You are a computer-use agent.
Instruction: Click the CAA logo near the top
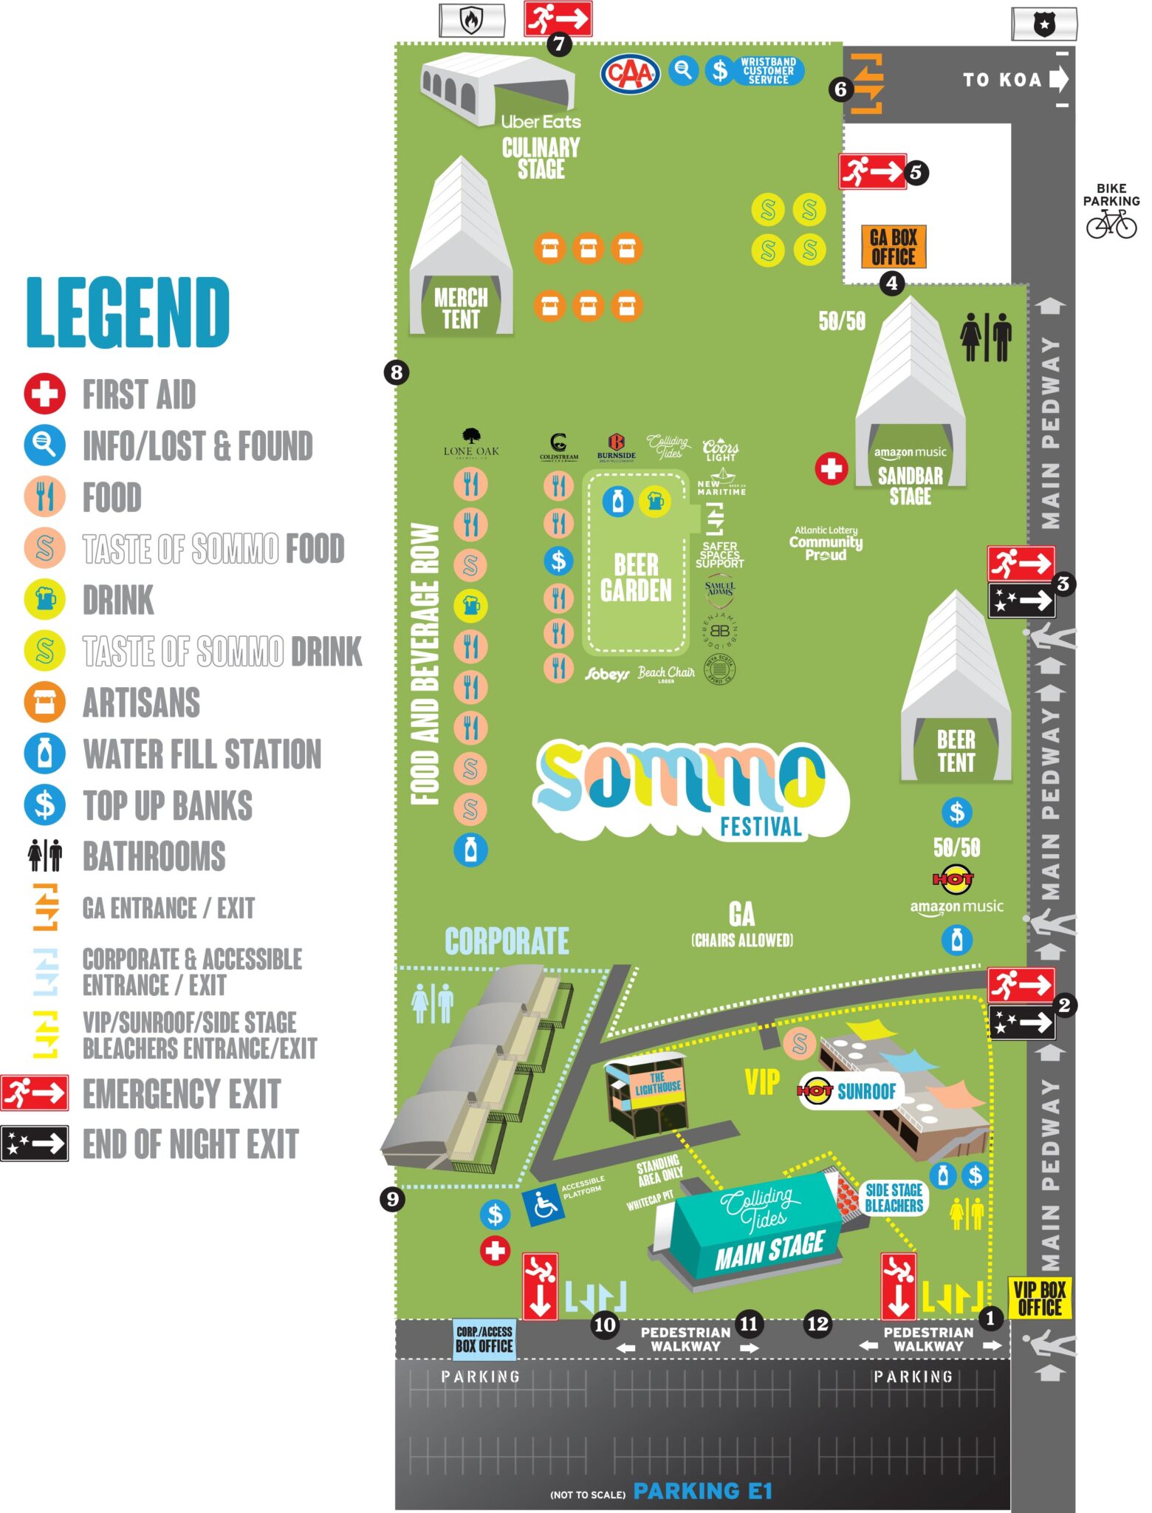pos(630,73)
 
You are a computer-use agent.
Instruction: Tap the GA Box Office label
pos(893,247)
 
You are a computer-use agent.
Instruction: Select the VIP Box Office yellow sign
pos(1039,1299)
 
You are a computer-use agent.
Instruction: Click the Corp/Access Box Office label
pos(484,1339)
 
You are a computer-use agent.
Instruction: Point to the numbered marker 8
pos(397,372)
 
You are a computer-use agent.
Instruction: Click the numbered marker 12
pos(817,1323)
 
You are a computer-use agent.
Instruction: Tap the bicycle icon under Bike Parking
pos(1111,223)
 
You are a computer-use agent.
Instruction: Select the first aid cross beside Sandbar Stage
pos(831,468)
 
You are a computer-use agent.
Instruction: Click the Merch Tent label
pos(461,309)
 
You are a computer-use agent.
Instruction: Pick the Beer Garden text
pos(636,578)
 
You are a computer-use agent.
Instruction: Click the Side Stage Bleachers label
pos(894,1198)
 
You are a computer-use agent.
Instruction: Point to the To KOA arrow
pos(1059,79)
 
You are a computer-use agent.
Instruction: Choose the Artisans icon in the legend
pos(44,702)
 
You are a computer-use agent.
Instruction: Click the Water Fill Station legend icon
pos(44,754)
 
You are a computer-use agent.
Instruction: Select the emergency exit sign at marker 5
pos(871,172)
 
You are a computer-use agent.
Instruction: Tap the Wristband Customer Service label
pos(768,71)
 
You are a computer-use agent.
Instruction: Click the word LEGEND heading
pos(128,312)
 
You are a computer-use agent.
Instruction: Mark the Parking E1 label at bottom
pos(702,1491)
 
